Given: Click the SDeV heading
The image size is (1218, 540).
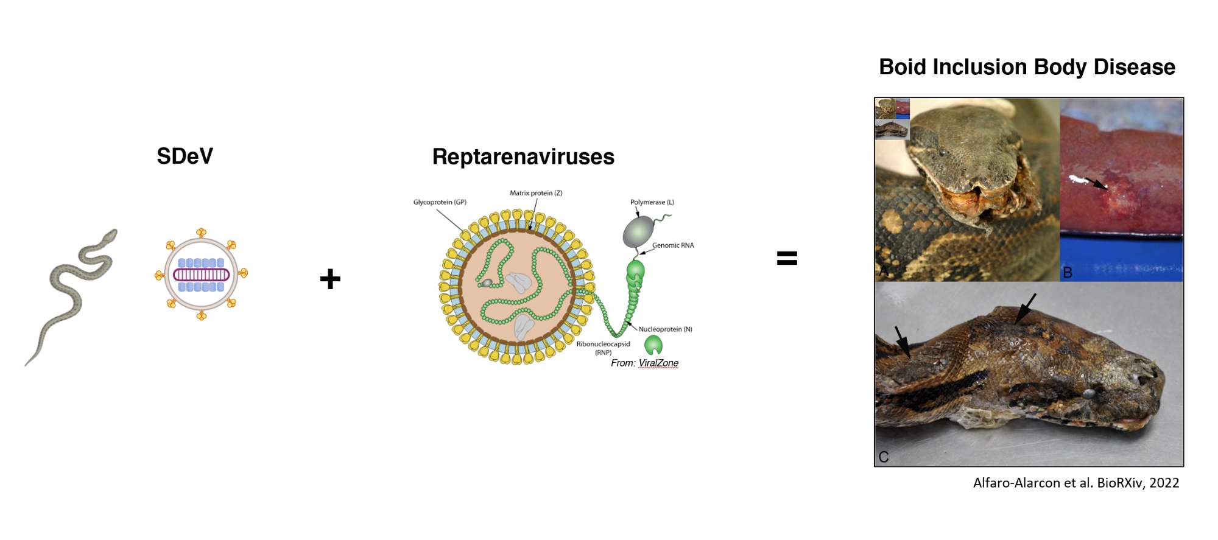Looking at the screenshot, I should pyautogui.click(x=185, y=156).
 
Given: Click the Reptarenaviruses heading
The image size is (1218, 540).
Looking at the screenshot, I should pyautogui.click(x=523, y=157).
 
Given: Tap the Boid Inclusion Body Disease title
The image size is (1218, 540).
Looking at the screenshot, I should pyautogui.click(x=1027, y=67).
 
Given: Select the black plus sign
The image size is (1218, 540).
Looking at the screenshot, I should pyautogui.click(x=330, y=279).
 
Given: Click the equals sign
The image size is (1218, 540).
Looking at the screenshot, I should pyautogui.click(x=787, y=258).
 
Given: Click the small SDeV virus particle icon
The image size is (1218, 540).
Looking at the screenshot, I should pyautogui.click(x=202, y=274).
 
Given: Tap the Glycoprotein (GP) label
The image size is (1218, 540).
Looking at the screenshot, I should pyautogui.click(x=440, y=202).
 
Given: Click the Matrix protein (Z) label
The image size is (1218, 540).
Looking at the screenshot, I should pyautogui.click(x=536, y=193).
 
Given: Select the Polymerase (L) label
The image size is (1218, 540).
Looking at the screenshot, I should pyautogui.click(x=652, y=202).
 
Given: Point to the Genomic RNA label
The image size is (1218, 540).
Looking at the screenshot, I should pyautogui.click(x=673, y=245).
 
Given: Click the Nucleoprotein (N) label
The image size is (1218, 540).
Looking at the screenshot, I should pyautogui.click(x=665, y=329).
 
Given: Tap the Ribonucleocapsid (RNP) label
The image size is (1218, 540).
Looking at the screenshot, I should pyautogui.click(x=603, y=348).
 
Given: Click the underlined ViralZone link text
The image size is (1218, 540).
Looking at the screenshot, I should pyautogui.click(x=658, y=363).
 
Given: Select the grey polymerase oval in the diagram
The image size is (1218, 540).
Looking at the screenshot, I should pyautogui.click(x=638, y=233).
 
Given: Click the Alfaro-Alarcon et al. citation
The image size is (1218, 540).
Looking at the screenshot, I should pyautogui.click(x=1075, y=483).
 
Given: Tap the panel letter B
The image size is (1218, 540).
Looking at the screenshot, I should pyautogui.click(x=1067, y=273).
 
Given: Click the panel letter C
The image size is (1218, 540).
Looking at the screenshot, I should pyautogui.click(x=884, y=457).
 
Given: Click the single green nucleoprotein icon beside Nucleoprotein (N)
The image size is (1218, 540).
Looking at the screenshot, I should pyautogui.click(x=653, y=345).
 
